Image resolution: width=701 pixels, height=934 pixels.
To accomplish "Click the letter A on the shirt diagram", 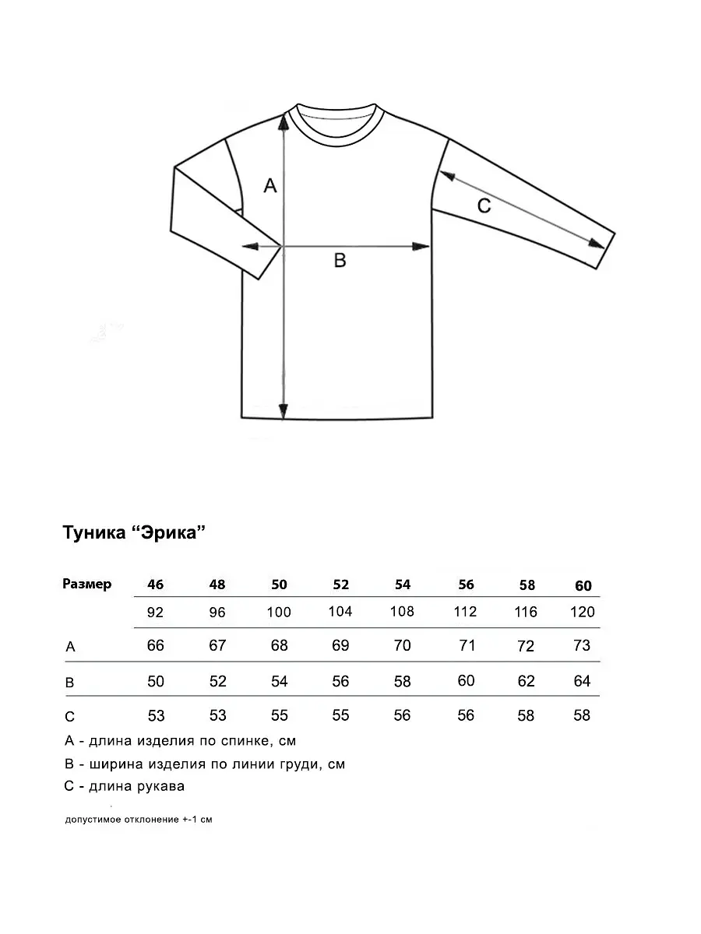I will (270, 185).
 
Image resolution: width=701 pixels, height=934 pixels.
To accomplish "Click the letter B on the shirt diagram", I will (340, 260).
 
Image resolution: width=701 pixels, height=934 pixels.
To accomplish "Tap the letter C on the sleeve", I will (484, 205).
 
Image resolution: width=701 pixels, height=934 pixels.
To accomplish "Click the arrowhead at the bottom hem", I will (284, 411).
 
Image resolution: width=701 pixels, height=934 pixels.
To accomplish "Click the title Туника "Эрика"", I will (133, 533).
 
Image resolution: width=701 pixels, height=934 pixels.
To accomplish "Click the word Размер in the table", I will (86, 584).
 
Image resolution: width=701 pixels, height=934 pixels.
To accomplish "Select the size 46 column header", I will (155, 585).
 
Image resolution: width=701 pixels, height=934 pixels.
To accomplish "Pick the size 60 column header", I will (583, 586).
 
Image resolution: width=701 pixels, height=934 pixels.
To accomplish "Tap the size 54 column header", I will (402, 585).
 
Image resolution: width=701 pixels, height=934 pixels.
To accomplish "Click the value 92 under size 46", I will (155, 613).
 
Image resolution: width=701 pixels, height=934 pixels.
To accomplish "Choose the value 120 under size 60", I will (583, 613).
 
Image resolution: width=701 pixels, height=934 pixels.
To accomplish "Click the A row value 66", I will (156, 645).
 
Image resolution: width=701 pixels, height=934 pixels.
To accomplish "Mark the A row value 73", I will (582, 645).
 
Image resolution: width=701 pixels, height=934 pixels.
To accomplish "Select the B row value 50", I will (156, 681).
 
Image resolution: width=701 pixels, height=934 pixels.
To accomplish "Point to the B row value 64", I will (582, 681).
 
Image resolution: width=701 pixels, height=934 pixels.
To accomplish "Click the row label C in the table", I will (70, 717).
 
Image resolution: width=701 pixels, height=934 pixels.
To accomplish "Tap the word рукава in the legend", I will (158, 786).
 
